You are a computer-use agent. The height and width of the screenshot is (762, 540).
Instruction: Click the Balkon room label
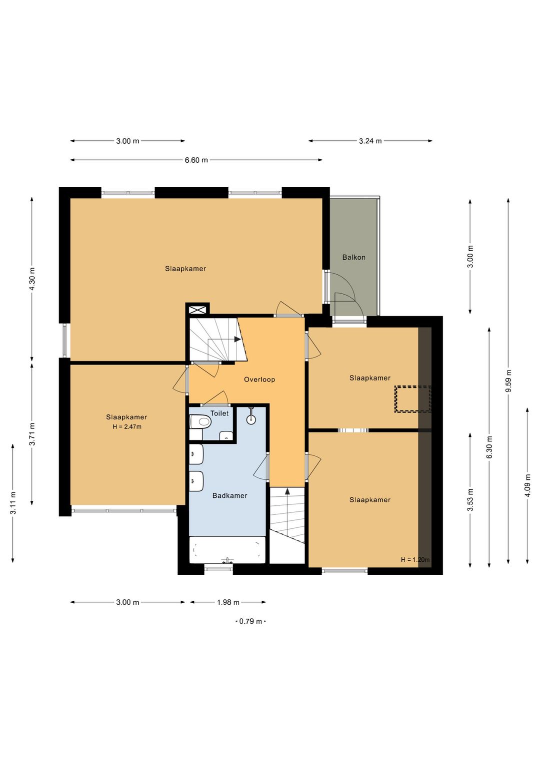(x=353, y=258)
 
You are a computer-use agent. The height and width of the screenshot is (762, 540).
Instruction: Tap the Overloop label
(x=259, y=380)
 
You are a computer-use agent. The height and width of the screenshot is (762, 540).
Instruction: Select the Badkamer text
(x=229, y=496)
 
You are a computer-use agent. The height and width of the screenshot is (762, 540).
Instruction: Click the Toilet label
(x=219, y=413)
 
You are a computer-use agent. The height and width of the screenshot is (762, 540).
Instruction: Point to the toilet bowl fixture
(x=200, y=422)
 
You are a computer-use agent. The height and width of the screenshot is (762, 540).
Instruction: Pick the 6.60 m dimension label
(x=196, y=160)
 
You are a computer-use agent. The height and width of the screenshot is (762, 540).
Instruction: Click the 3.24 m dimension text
(x=370, y=141)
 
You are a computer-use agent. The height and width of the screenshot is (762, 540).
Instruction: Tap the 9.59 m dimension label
(x=508, y=381)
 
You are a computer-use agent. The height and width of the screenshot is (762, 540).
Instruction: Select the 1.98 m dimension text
(x=228, y=602)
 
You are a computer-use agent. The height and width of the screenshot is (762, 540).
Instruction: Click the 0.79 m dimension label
(x=250, y=621)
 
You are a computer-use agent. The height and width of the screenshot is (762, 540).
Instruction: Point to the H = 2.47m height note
(x=127, y=426)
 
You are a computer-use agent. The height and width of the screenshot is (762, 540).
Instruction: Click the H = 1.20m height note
(x=415, y=559)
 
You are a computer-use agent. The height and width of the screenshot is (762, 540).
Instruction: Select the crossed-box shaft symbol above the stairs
(x=197, y=309)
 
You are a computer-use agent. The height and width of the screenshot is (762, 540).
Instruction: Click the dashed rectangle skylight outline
(x=413, y=399)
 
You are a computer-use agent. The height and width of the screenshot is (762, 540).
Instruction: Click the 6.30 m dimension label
(x=489, y=447)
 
